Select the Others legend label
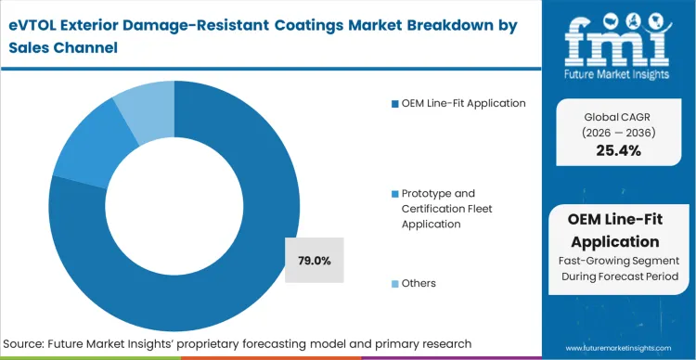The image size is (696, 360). point(419,282)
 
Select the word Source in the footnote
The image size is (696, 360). point(27,344)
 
